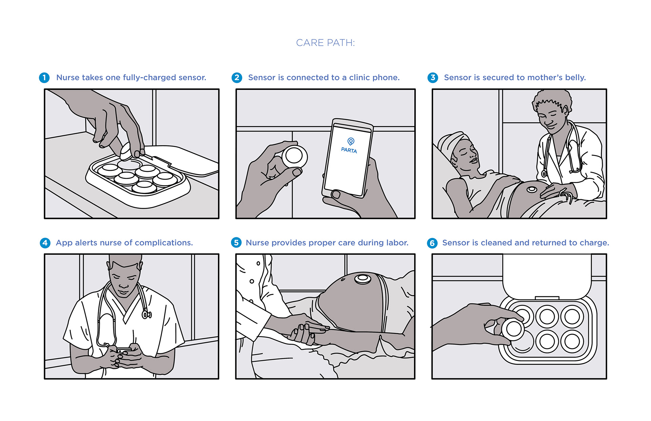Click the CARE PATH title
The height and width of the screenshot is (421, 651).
(x=325, y=43)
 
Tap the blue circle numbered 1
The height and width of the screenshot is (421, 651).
(x=44, y=78)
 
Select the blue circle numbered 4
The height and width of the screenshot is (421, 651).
(x=45, y=243)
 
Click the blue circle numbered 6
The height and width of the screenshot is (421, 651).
(x=432, y=243)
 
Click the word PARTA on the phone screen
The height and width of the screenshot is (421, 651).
(x=349, y=150)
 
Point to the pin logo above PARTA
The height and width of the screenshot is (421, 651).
(x=351, y=141)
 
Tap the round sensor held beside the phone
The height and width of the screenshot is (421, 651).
(x=294, y=156)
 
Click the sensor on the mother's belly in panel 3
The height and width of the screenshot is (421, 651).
(x=531, y=189)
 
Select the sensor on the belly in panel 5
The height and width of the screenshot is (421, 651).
(x=362, y=279)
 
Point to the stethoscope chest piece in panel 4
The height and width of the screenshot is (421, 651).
(x=146, y=315)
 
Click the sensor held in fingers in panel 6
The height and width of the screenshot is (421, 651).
(x=513, y=329)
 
